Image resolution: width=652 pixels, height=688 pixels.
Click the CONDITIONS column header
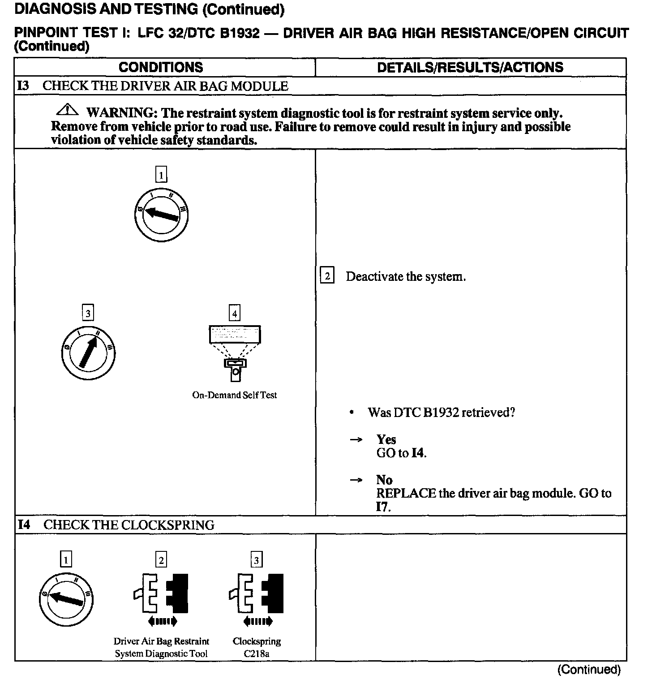(161, 67)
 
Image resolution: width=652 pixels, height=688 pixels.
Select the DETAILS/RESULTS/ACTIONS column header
(470, 67)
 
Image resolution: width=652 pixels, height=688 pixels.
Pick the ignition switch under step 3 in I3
(88, 353)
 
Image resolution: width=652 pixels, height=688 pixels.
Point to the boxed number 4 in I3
(235, 313)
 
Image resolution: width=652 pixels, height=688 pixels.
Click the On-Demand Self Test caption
(234, 395)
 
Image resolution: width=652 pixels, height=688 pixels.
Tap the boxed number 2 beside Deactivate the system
(327, 276)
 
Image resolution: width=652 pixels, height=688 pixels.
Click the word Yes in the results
(386, 439)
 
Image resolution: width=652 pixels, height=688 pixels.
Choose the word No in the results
(384, 480)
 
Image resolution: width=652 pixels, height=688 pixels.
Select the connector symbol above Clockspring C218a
(257, 593)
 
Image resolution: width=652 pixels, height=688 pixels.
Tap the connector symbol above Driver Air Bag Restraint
(161, 593)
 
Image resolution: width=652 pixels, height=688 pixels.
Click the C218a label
(257, 654)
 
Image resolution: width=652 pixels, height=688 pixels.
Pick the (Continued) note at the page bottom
(589, 670)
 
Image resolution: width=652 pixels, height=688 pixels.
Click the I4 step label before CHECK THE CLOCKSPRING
(24, 525)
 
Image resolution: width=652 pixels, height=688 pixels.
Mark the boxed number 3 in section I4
(256, 560)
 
